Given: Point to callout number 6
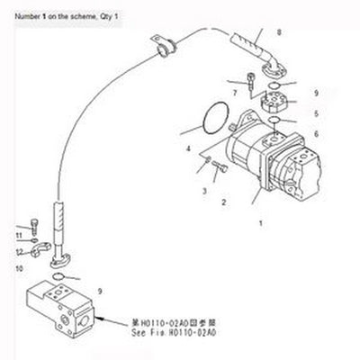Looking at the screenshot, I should pyautogui.click(x=316, y=134).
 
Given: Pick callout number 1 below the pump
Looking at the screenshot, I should pyautogui.click(x=260, y=220).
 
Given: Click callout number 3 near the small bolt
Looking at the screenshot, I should pyautogui.click(x=205, y=191).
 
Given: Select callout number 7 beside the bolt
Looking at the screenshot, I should pyautogui.click(x=232, y=92).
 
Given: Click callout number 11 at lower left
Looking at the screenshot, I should pyautogui.click(x=18, y=235).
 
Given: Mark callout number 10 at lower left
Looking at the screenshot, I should pyautogui.click(x=18, y=267).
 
